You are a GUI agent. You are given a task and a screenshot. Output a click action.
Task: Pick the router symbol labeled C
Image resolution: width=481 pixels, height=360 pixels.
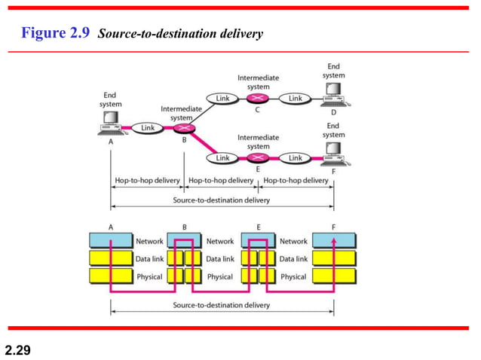(x=259, y=99)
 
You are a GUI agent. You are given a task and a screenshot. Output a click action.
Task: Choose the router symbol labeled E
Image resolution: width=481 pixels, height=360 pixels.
(x=259, y=158)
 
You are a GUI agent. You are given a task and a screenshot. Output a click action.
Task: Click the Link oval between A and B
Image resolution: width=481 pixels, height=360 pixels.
(x=148, y=128)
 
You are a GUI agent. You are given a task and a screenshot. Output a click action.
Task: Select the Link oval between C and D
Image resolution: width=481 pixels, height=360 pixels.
(x=296, y=99)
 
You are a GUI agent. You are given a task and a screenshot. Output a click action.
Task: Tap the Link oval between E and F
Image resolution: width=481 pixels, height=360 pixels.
(x=296, y=158)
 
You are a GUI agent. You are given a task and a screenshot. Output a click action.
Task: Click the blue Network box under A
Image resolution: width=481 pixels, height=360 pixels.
(x=111, y=241)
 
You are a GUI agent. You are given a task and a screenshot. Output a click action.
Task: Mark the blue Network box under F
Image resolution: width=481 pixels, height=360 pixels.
(x=334, y=241)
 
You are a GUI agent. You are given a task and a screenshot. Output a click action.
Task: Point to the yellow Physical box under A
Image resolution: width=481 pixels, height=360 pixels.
(x=111, y=276)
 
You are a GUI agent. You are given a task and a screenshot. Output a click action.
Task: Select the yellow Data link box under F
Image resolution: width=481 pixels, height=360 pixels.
(x=334, y=259)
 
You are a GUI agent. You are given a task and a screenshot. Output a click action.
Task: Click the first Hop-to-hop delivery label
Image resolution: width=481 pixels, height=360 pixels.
(x=148, y=181)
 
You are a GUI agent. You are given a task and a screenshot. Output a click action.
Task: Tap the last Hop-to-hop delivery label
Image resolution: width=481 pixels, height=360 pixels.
(x=296, y=181)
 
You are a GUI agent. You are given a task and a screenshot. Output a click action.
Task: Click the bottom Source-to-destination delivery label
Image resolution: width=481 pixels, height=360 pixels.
(x=222, y=306)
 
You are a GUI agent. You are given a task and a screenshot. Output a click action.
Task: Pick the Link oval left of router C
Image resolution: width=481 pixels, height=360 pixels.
(x=222, y=99)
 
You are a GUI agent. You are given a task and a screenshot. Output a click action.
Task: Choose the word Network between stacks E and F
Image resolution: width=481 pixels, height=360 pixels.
(x=294, y=242)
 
